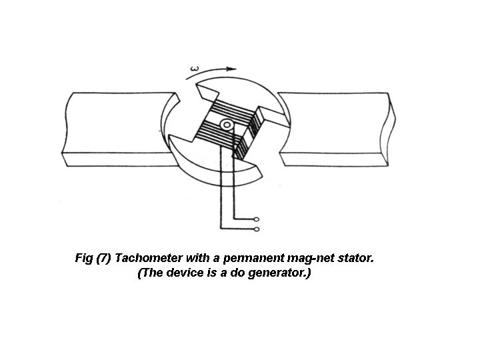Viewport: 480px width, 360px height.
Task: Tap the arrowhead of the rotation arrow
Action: point(233,69)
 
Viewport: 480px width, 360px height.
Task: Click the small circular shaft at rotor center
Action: point(227,125)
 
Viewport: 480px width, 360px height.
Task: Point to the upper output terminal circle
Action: point(257,218)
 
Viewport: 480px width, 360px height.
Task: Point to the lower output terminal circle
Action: point(257,230)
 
